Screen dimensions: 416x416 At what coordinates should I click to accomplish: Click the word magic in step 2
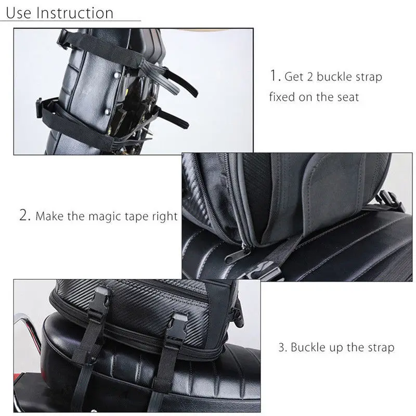(102, 216)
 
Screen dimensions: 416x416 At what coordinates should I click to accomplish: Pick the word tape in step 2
(136, 217)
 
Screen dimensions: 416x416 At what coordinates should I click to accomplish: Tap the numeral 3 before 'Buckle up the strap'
(281, 347)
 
